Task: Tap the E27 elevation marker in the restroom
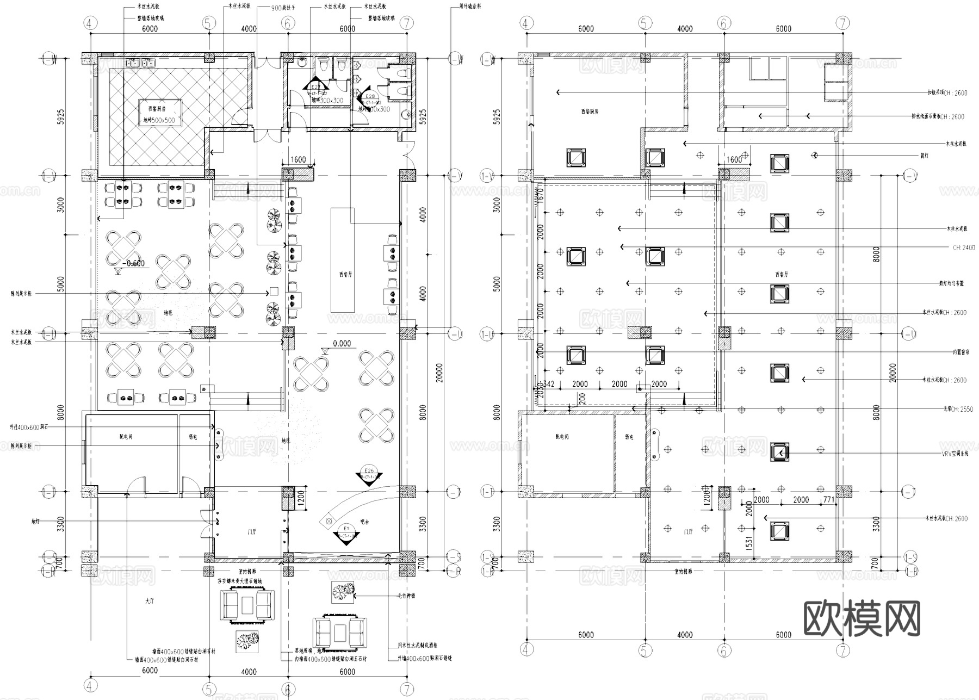pos(316,87)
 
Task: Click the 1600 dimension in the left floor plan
pos(298,160)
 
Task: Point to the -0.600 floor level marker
pos(133,263)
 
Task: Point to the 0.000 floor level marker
pos(342,344)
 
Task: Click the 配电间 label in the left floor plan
pos(126,437)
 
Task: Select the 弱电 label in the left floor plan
pos(193,437)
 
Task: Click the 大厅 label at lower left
pos(150,602)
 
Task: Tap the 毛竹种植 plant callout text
pos(406,596)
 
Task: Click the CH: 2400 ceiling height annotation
pos(964,247)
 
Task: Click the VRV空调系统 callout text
pos(955,453)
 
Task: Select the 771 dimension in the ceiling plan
pos(829,499)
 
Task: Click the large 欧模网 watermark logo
pos(862,618)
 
